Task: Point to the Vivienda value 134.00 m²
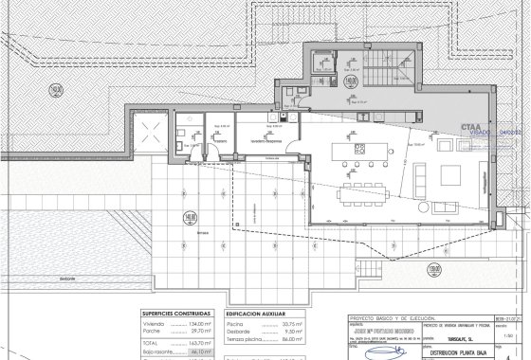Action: coord(204,323)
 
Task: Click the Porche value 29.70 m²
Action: coord(204,331)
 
